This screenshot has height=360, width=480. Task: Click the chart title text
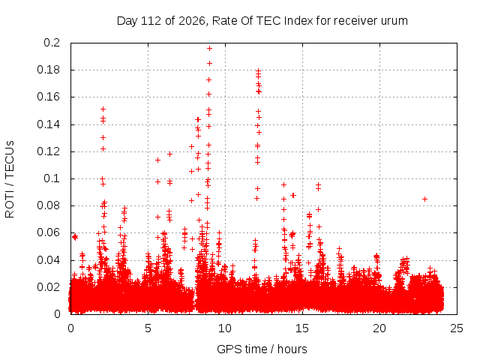click(262, 21)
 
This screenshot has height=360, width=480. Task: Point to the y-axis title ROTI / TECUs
click(10, 179)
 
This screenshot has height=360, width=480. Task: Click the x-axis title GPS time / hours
click(262, 349)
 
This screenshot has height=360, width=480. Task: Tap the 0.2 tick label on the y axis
click(52, 43)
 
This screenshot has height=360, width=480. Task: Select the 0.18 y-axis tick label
click(48, 70)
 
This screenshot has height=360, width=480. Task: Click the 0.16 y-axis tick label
click(48, 97)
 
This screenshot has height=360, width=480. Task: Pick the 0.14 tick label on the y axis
click(48, 124)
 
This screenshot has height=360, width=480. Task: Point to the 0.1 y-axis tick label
click(52, 178)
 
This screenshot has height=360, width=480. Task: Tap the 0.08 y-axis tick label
click(48, 205)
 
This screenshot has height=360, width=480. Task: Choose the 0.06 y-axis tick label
click(48, 232)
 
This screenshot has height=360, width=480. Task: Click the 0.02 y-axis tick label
click(48, 287)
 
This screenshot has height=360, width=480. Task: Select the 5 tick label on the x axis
click(148, 328)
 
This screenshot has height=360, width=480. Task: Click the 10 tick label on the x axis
click(225, 328)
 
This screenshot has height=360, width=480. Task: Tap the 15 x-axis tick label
click(302, 328)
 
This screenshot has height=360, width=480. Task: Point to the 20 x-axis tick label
click(379, 328)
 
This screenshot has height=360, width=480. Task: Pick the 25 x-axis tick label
click(457, 328)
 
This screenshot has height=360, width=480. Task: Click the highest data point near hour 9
click(209, 48)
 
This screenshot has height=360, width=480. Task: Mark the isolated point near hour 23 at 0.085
click(424, 199)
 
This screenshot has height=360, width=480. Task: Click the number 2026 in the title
click(192, 21)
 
